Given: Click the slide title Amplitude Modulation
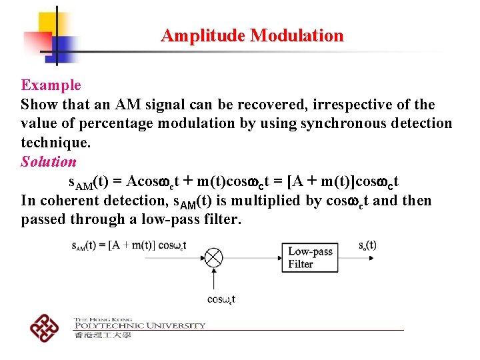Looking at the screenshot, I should coord(252,35).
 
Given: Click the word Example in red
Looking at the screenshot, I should coord(51,85).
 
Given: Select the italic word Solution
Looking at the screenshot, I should coord(49,162).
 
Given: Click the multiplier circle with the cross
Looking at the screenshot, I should coord(213,257).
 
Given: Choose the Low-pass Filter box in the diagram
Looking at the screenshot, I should coord(310,257).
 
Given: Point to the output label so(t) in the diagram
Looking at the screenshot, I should coord(367,245).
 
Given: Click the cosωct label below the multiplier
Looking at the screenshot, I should coord(221,299).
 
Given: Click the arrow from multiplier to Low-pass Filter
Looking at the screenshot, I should coord(253,257).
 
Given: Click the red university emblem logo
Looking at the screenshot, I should coord(45,326).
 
